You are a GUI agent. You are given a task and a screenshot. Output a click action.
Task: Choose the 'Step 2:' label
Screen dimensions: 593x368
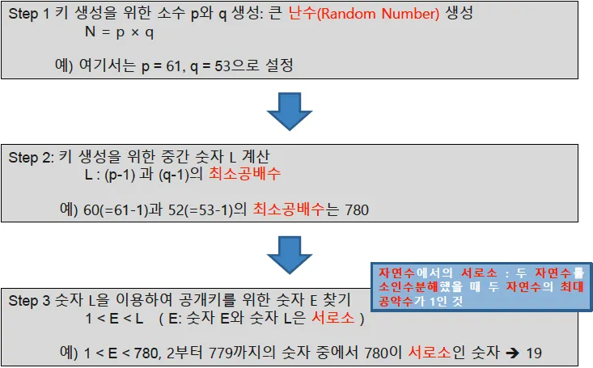pyautogui.click(x=31, y=158)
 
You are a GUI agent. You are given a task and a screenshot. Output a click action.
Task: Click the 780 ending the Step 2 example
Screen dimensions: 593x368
pyautogui.click(x=357, y=210)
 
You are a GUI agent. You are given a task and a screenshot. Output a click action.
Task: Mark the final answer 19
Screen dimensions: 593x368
pyautogui.click(x=532, y=353)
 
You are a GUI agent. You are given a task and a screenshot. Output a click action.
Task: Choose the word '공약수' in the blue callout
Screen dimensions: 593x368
pyautogui.click(x=396, y=301)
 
